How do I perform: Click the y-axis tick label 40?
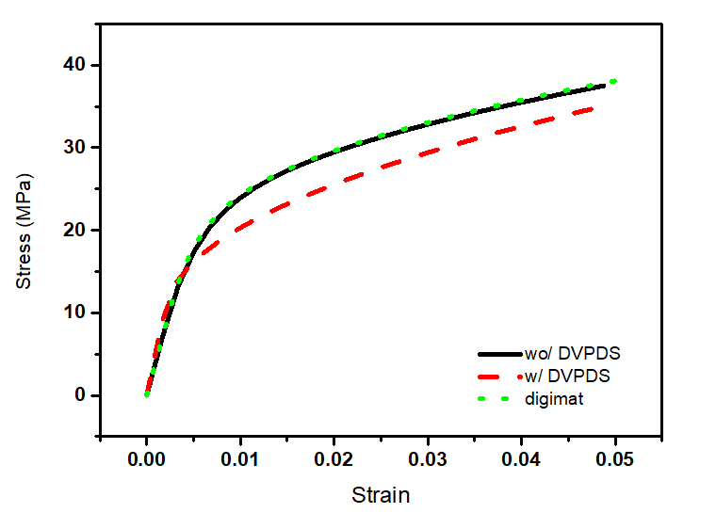pyautogui.click(x=75, y=65)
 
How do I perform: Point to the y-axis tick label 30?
pyautogui.click(x=75, y=148)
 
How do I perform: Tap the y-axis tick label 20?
pyautogui.click(x=75, y=230)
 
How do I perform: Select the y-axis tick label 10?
pyautogui.click(x=75, y=313)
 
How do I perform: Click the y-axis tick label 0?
pyautogui.click(x=81, y=395)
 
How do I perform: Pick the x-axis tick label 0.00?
pyautogui.click(x=147, y=460)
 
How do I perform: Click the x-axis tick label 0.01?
pyautogui.click(x=240, y=460)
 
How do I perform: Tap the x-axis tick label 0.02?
pyautogui.click(x=334, y=460)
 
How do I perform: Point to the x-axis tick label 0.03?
pyautogui.click(x=427, y=460)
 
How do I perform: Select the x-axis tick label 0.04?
pyautogui.click(x=520, y=460)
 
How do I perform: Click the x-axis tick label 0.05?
pyautogui.click(x=613, y=460)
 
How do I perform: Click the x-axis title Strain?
pyautogui.click(x=381, y=494)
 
